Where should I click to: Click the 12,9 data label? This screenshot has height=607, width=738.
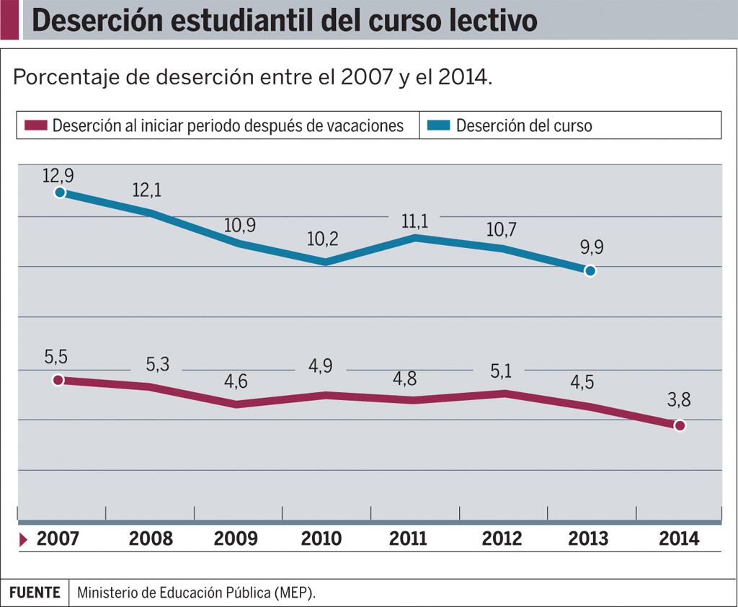coord(58,175)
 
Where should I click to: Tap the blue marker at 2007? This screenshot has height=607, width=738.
coord(60,192)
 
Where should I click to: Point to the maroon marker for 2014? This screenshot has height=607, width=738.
coord(679,425)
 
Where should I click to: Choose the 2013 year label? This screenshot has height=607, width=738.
coord(588,539)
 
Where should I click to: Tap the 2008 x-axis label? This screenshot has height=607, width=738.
coord(151,539)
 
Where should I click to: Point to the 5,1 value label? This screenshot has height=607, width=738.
coord(503,371)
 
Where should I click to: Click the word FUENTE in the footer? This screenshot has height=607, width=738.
coord(35,593)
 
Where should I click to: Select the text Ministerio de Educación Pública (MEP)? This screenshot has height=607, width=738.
coord(197,593)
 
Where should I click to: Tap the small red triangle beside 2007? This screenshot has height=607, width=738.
coord(24,539)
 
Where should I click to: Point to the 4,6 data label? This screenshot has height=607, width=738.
coord(235,382)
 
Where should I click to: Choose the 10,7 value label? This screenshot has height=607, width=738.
coord(502,230)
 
